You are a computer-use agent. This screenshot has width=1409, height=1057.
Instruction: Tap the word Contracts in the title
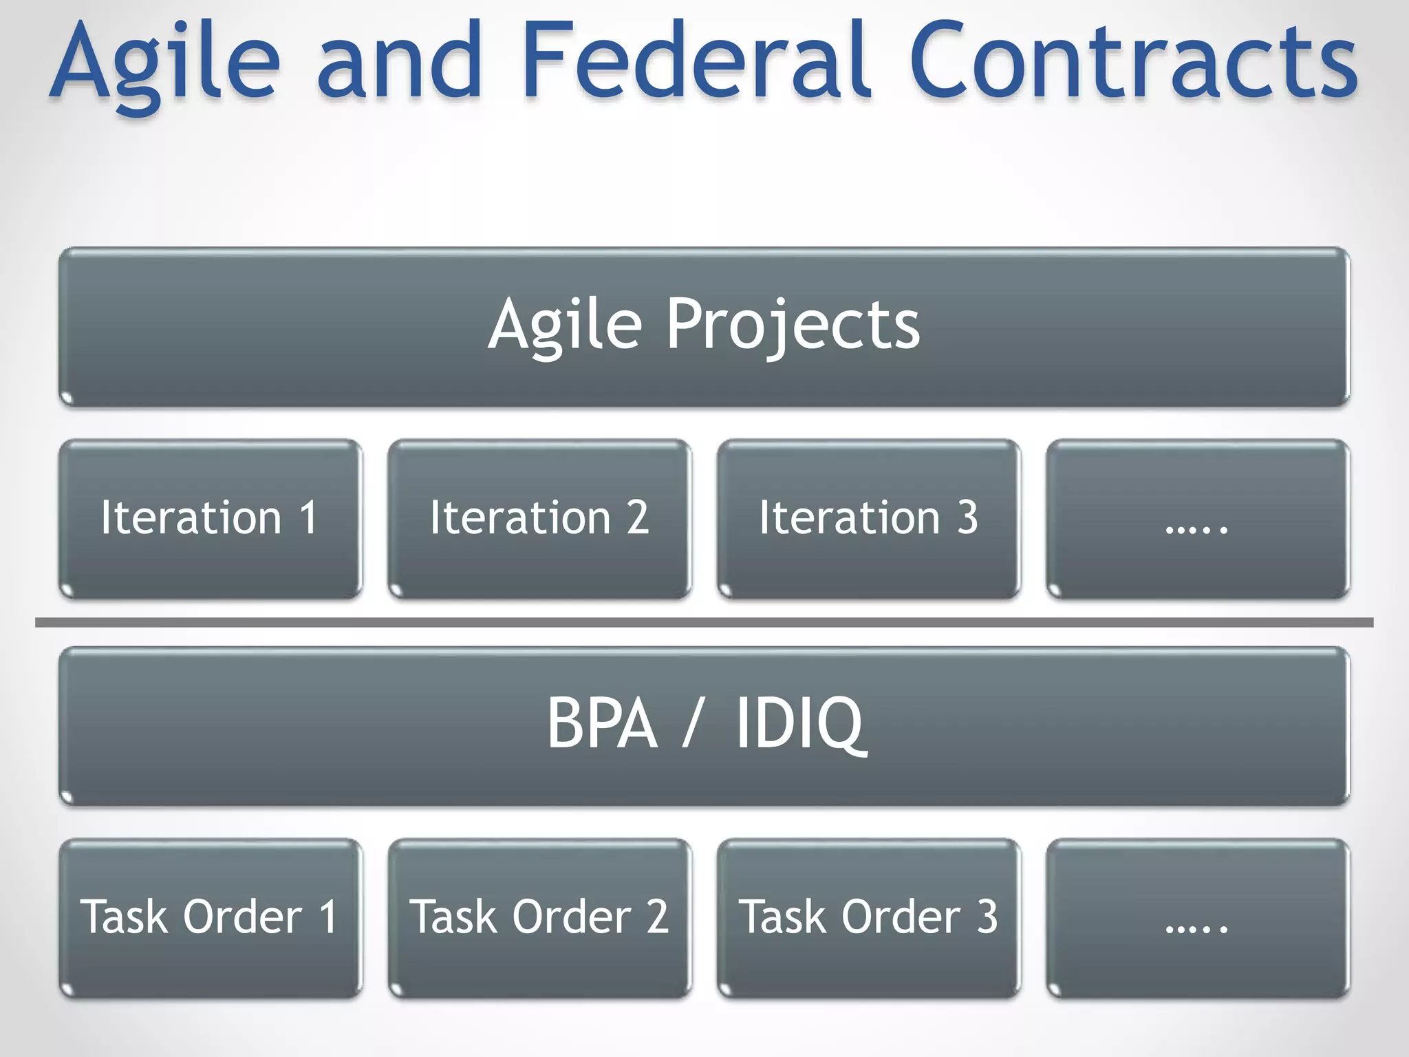coord(1132,62)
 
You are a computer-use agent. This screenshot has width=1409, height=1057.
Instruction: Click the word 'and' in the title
coord(399,62)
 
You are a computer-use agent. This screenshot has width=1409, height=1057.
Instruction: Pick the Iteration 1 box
coord(210,518)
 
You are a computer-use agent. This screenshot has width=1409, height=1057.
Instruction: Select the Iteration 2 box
coord(539,518)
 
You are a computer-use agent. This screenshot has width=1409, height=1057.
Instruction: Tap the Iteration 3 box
coord(868,518)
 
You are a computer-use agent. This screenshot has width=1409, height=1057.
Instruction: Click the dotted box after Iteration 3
coord(1197,518)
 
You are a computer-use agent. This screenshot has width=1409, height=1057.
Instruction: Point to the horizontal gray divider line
coord(704,622)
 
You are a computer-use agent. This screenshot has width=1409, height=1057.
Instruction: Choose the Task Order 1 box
coord(210,917)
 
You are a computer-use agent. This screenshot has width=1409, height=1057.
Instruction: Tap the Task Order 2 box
coord(539,917)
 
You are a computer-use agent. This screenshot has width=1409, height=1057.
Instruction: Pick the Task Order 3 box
coord(868,917)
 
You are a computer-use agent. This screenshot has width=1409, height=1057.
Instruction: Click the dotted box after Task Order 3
coord(1197,917)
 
